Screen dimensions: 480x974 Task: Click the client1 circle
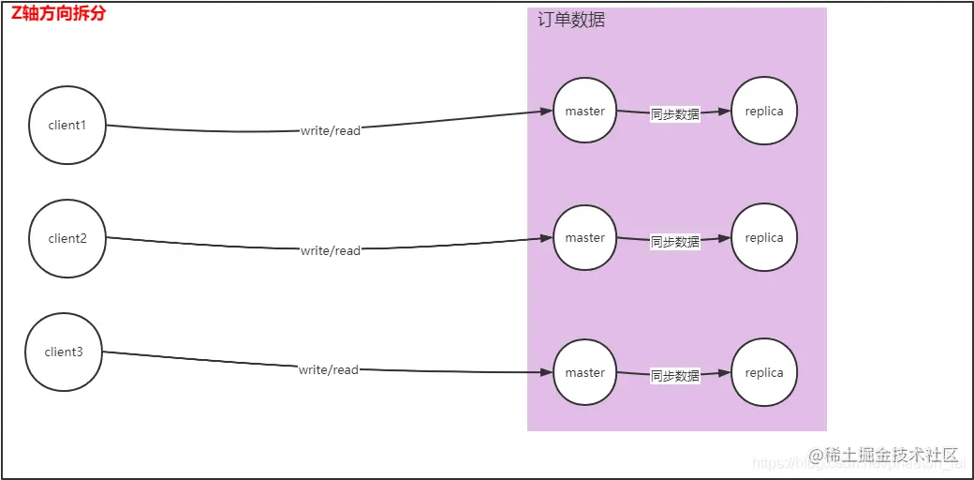tap(67, 126)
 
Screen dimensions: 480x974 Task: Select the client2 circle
tap(67, 239)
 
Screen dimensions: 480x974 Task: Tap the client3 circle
tap(64, 352)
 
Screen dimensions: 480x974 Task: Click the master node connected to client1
tap(585, 111)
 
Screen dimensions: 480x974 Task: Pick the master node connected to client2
tap(585, 238)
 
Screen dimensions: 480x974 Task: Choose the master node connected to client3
tap(585, 373)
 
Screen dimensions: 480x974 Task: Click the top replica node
tap(764, 111)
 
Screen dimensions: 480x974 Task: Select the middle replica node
tap(764, 238)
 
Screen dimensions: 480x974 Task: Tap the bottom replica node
tap(764, 373)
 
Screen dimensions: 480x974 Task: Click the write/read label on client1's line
tap(331, 131)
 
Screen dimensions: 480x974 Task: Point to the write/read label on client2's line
tap(331, 251)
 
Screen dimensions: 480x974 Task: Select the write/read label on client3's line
tap(329, 370)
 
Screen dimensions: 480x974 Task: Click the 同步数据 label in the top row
tap(675, 114)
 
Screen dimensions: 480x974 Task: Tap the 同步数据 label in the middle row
tap(675, 242)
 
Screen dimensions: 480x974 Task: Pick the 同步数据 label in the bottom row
tap(675, 376)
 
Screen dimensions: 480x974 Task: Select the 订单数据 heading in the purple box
tap(571, 21)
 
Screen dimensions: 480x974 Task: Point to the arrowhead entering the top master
tap(546, 112)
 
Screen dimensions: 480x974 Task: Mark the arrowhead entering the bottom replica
tap(725, 373)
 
